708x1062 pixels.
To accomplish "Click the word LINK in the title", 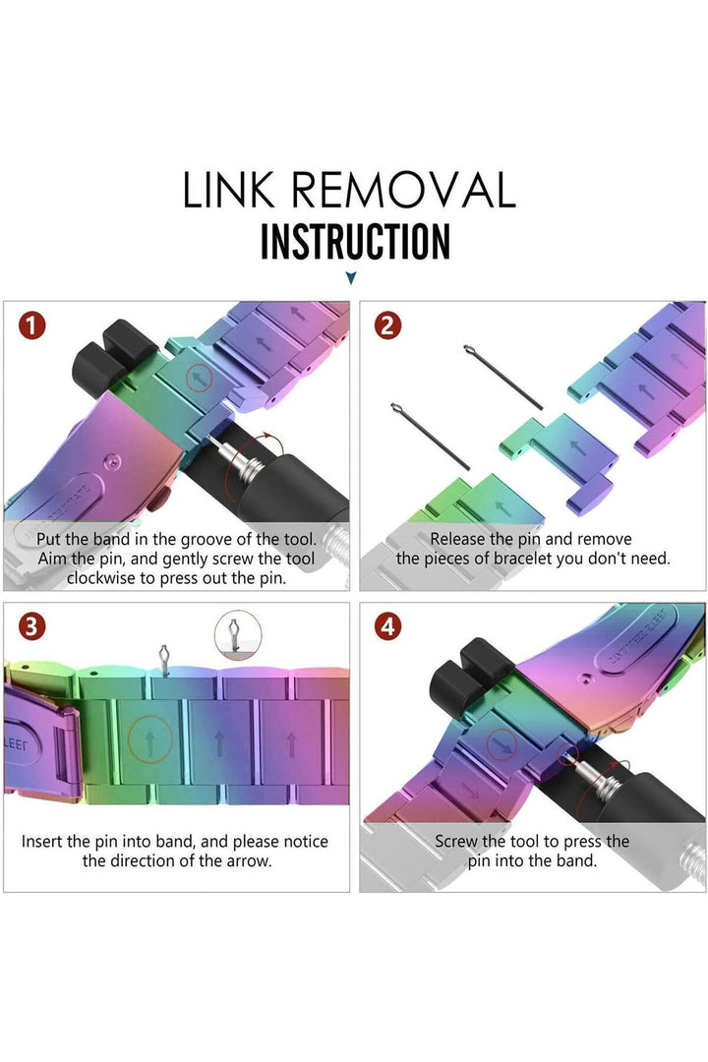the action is [x=228, y=190].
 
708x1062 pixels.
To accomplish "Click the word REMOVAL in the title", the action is [x=404, y=190].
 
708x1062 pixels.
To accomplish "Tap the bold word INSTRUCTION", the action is [x=355, y=242].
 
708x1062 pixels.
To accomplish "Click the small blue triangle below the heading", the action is [x=350, y=277].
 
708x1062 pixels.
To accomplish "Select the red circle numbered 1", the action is [x=31, y=325].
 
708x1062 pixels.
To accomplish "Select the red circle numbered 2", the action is [x=387, y=325].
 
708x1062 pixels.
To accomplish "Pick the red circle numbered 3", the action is [x=31, y=626].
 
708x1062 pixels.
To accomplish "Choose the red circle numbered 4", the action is [x=387, y=626].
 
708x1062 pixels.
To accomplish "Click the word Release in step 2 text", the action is [x=457, y=539].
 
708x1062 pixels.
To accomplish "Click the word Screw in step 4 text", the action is [x=456, y=842].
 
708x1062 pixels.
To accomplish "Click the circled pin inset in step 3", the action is [x=237, y=634].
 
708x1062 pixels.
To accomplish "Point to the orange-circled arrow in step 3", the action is [x=150, y=740].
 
